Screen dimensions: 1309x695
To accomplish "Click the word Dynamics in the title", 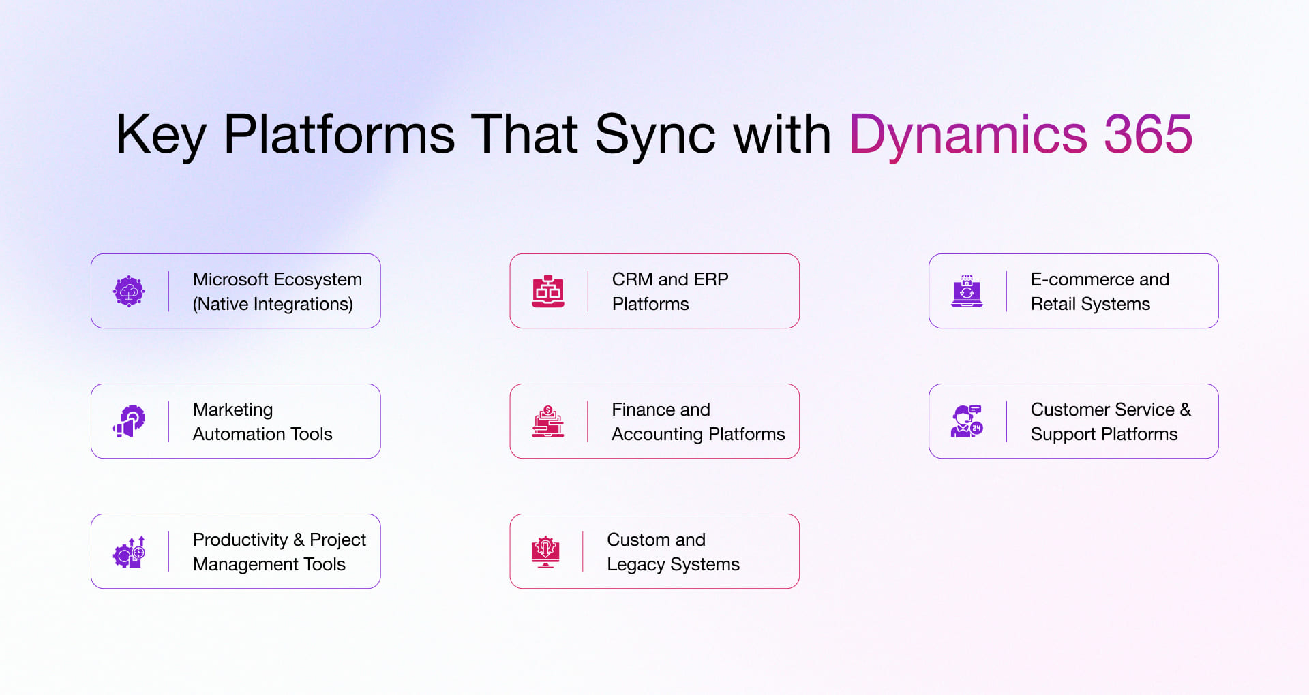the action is click(968, 136).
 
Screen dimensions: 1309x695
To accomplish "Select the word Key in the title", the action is click(161, 136).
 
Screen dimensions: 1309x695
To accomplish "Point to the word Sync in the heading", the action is click(655, 136).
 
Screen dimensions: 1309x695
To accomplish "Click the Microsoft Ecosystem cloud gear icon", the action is click(129, 292).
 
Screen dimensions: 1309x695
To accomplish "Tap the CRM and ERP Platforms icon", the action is click(548, 292).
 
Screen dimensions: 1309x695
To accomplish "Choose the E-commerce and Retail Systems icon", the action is click(967, 292).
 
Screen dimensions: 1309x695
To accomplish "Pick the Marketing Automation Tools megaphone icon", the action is click(129, 422).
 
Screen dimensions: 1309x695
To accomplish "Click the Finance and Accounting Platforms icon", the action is click(548, 422).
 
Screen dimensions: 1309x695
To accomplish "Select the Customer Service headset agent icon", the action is click(967, 422).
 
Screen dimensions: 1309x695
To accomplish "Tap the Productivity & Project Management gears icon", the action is click(129, 552).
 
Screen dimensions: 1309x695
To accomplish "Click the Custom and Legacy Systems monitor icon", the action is click(545, 552).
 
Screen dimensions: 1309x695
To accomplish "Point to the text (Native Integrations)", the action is click(273, 305).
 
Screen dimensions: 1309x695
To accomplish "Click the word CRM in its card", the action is click(633, 279).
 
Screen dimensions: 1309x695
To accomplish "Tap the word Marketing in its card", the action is click(233, 410).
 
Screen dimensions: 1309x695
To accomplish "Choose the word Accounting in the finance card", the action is click(657, 435).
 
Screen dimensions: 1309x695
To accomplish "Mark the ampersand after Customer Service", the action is click(1186, 410).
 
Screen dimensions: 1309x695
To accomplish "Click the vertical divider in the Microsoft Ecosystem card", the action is click(168, 292).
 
